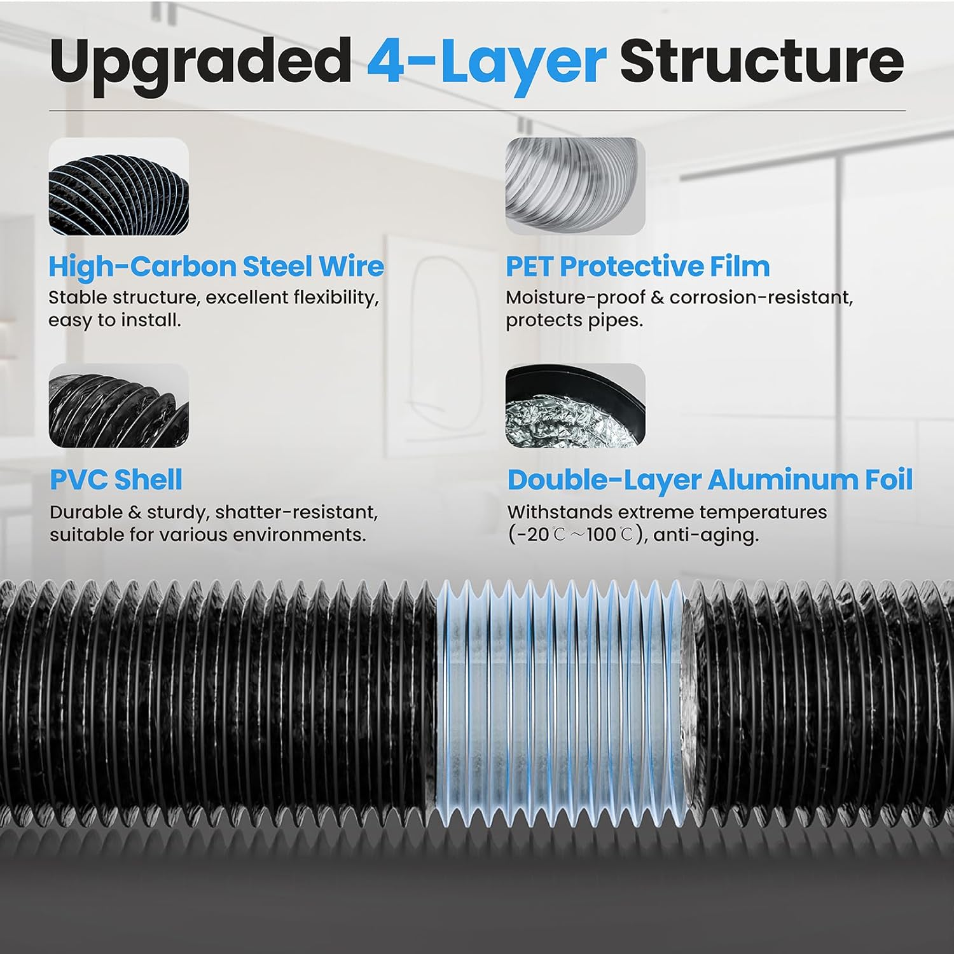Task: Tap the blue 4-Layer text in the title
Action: (486, 62)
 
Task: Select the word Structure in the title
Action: (761, 60)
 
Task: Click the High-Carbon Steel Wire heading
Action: (216, 266)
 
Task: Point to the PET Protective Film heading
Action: (637, 266)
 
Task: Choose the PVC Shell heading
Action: (116, 480)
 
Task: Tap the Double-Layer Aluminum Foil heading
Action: (710, 480)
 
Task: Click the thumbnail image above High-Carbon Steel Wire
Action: (119, 186)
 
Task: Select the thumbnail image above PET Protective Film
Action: (575, 186)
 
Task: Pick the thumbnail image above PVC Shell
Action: (119, 406)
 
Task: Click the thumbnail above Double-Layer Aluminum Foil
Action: (575, 406)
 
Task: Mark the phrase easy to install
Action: (114, 320)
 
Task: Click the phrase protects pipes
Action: (574, 320)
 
